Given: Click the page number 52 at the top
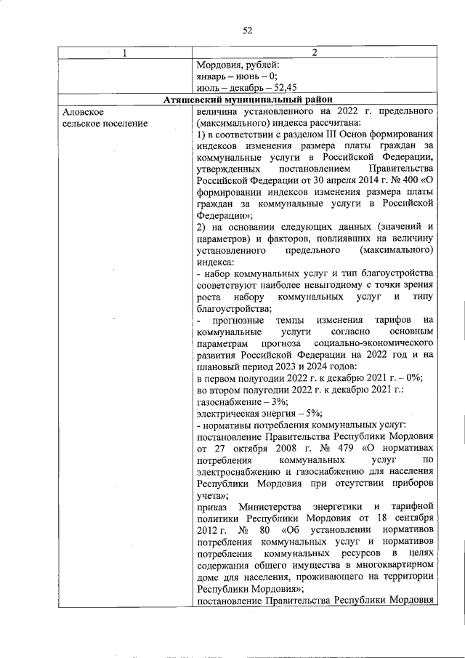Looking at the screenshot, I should click(x=246, y=30).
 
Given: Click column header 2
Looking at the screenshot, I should click(x=315, y=53).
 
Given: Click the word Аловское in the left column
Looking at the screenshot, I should click(x=84, y=112).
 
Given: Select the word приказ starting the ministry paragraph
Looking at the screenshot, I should click(x=214, y=506).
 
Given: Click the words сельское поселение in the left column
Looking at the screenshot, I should click(x=105, y=124).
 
